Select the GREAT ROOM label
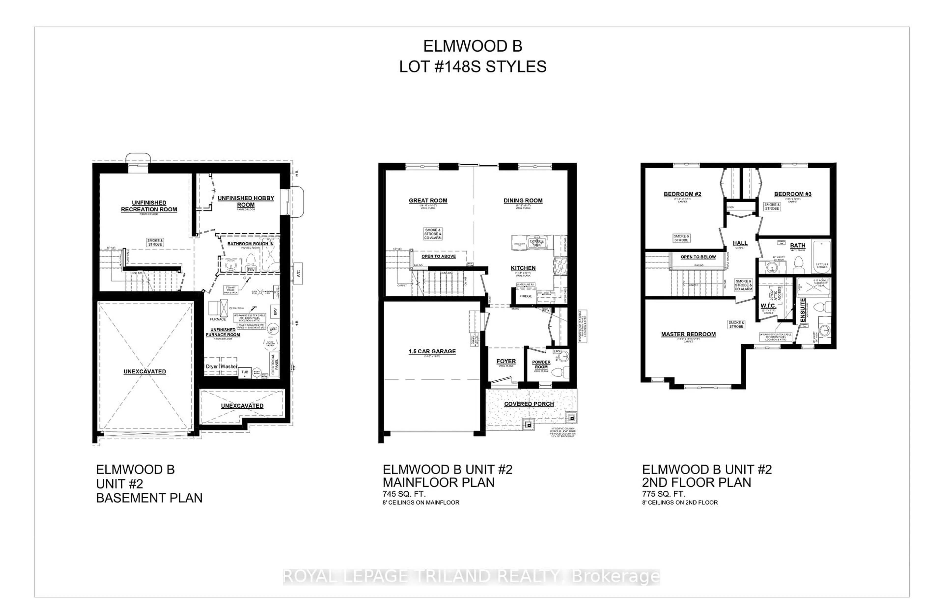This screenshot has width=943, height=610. pos(428,200)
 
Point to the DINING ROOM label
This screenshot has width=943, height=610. pos(523,200)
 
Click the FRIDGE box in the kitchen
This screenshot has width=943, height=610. pos(526,296)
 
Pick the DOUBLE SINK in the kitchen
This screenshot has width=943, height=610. pos(537,243)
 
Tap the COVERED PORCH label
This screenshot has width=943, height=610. pos(529,404)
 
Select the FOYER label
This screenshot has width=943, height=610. pos(506,361)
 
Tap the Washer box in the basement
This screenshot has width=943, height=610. pos(229,366)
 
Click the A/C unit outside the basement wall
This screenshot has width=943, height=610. pos(298,273)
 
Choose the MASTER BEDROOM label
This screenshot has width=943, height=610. pos(688,334)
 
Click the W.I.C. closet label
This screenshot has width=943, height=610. pos(768,306)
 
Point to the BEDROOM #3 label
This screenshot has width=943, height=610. pos(792,194)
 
